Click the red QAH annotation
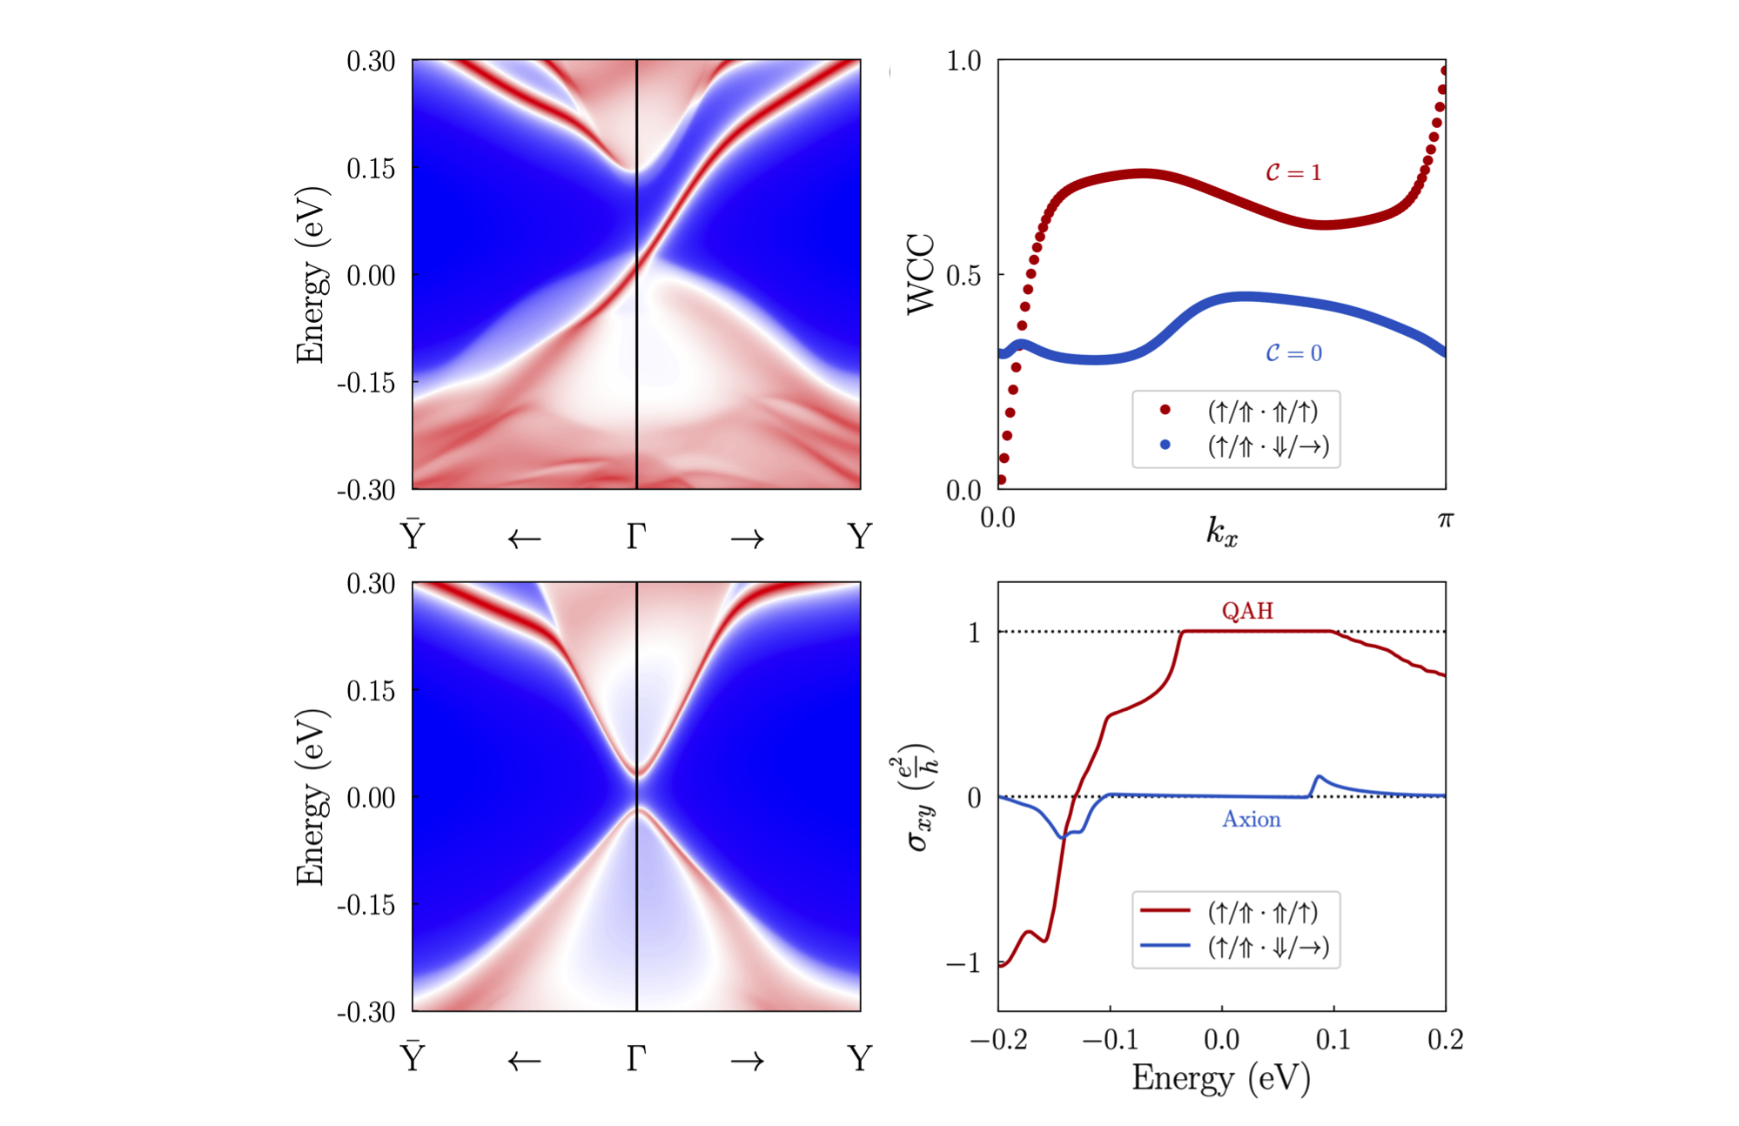(x=1247, y=611)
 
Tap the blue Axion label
(x=1252, y=819)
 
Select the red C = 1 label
(x=1293, y=172)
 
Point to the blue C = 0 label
(x=1293, y=352)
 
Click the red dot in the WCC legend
(x=1165, y=410)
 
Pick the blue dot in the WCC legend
(x=1165, y=446)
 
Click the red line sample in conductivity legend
(x=1165, y=910)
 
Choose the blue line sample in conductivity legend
(x=1165, y=945)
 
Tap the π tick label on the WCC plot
(x=1445, y=519)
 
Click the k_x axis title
(x=1221, y=531)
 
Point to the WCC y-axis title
(x=921, y=274)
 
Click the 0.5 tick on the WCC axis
(x=963, y=276)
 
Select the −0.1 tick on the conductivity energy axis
(x=1110, y=1040)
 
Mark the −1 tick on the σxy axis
(x=963, y=962)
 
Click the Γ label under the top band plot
(x=636, y=536)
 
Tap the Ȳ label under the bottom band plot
(x=412, y=1056)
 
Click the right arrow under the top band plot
(x=748, y=540)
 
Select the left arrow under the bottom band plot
(x=524, y=1062)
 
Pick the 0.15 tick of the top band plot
(x=371, y=168)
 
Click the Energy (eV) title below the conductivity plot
(x=1221, y=1079)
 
